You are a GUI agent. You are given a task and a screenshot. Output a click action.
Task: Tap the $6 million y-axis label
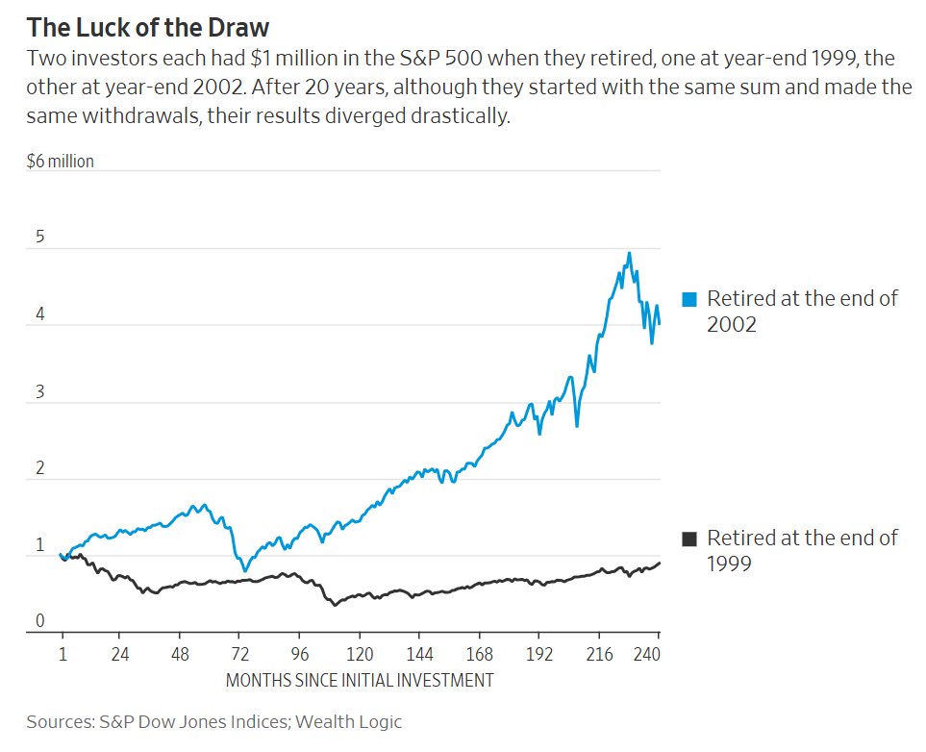click(x=61, y=162)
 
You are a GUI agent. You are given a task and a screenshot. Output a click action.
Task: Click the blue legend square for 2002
click(x=688, y=299)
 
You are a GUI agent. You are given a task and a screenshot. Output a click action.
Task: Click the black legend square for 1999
click(x=688, y=539)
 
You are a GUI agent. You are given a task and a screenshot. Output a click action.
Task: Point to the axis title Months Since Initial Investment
click(x=360, y=681)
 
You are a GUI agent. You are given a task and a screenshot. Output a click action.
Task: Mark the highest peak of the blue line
click(x=629, y=253)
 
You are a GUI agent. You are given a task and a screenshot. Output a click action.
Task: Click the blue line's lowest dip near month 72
click(x=245, y=571)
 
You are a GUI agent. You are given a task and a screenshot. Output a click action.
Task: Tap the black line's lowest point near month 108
click(x=335, y=605)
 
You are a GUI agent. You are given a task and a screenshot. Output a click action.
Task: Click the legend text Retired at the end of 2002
click(x=802, y=311)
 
